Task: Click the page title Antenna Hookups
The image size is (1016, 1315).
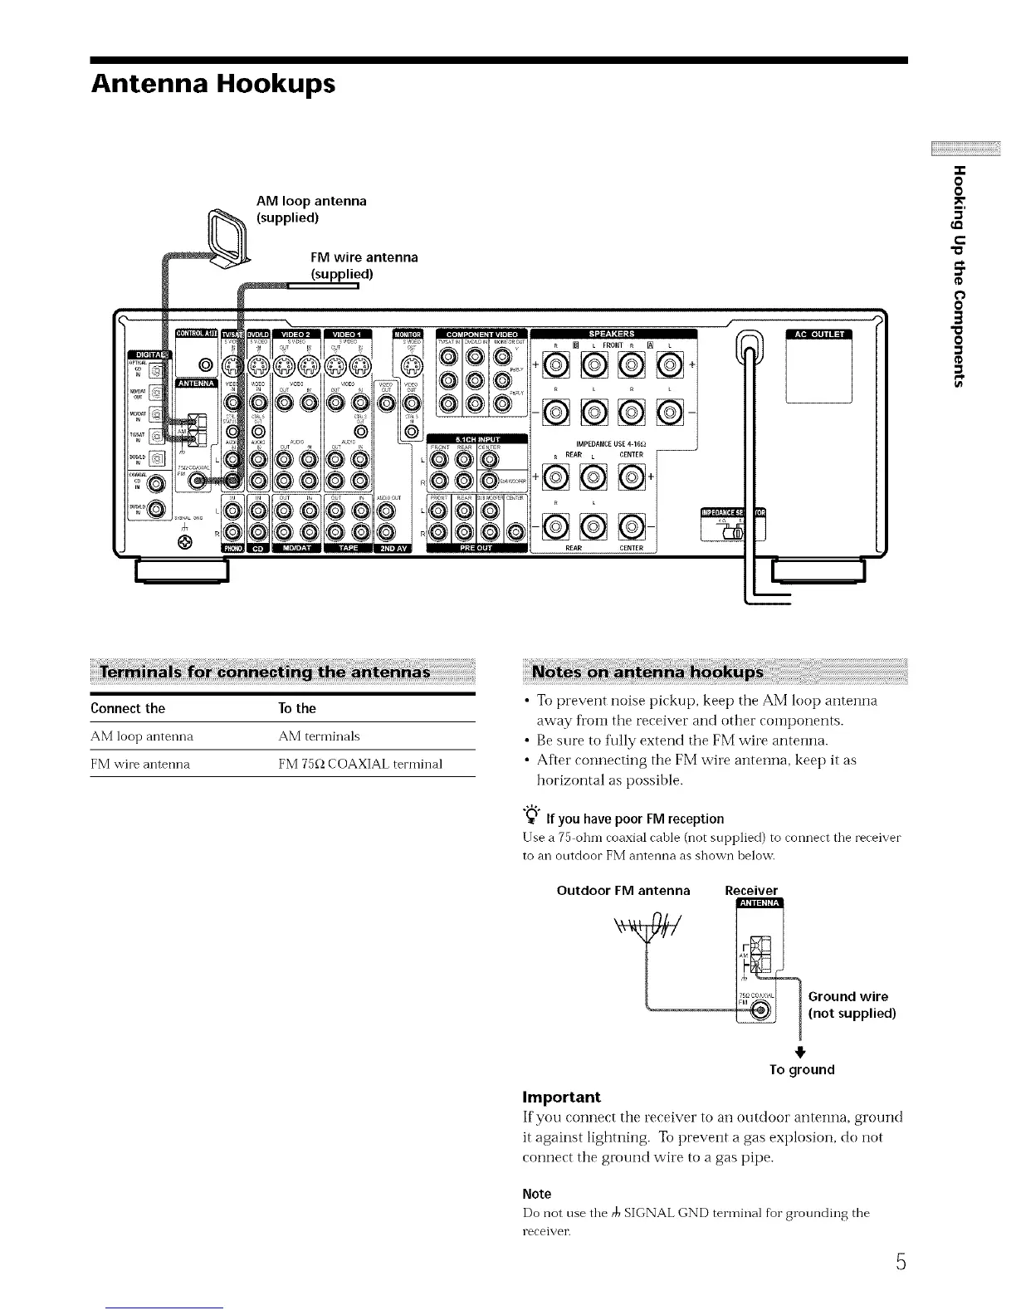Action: (x=214, y=85)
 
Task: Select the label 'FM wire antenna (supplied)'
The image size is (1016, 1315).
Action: (x=364, y=266)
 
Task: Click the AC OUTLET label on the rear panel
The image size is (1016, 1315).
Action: (x=819, y=335)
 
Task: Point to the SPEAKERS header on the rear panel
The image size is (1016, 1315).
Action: (x=612, y=334)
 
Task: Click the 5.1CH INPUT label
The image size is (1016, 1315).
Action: (x=476, y=439)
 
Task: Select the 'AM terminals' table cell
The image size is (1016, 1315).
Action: (x=319, y=736)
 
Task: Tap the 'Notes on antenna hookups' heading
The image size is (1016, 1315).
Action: (x=647, y=672)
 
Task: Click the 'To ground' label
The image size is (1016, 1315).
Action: (x=801, y=1069)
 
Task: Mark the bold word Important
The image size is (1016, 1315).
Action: (x=561, y=1097)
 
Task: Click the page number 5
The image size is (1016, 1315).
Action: (x=900, y=1263)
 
